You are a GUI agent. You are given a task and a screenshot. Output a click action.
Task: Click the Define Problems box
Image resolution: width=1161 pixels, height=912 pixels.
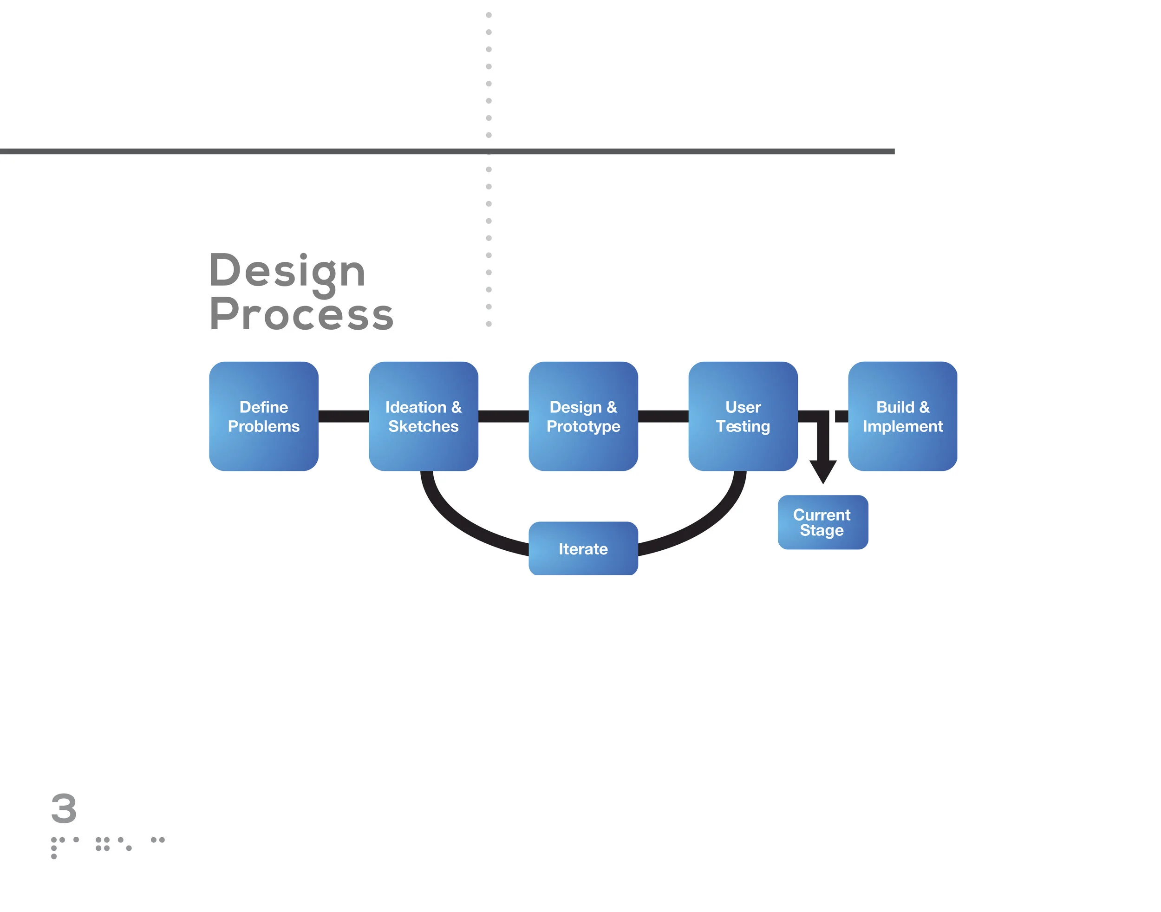point(263,416)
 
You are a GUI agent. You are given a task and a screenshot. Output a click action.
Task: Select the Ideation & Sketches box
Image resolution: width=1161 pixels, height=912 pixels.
point(423,416)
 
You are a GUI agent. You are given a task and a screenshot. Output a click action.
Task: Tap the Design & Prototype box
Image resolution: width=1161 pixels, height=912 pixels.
point(583,416)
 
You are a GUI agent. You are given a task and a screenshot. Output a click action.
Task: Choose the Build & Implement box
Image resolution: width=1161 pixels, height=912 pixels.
point(902,416)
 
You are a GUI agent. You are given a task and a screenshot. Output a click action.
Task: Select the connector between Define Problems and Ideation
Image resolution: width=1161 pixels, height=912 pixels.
point(343,416)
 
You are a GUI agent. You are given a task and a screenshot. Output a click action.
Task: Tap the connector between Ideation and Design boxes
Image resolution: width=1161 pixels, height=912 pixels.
point(503,416)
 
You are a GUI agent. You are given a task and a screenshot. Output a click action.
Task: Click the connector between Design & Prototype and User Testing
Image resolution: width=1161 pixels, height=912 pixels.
point(663,416)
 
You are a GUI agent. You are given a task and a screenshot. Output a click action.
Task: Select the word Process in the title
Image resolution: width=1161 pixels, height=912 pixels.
point(301,315)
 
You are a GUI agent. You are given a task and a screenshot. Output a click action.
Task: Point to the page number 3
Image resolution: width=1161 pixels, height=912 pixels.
point(64,808)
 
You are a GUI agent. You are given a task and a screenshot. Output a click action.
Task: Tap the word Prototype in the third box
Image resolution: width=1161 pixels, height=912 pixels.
point(583,426)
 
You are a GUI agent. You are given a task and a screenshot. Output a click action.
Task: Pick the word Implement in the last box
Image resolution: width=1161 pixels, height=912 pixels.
point(902,426)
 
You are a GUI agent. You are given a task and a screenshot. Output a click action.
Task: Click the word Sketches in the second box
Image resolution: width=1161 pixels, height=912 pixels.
point(423,426)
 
